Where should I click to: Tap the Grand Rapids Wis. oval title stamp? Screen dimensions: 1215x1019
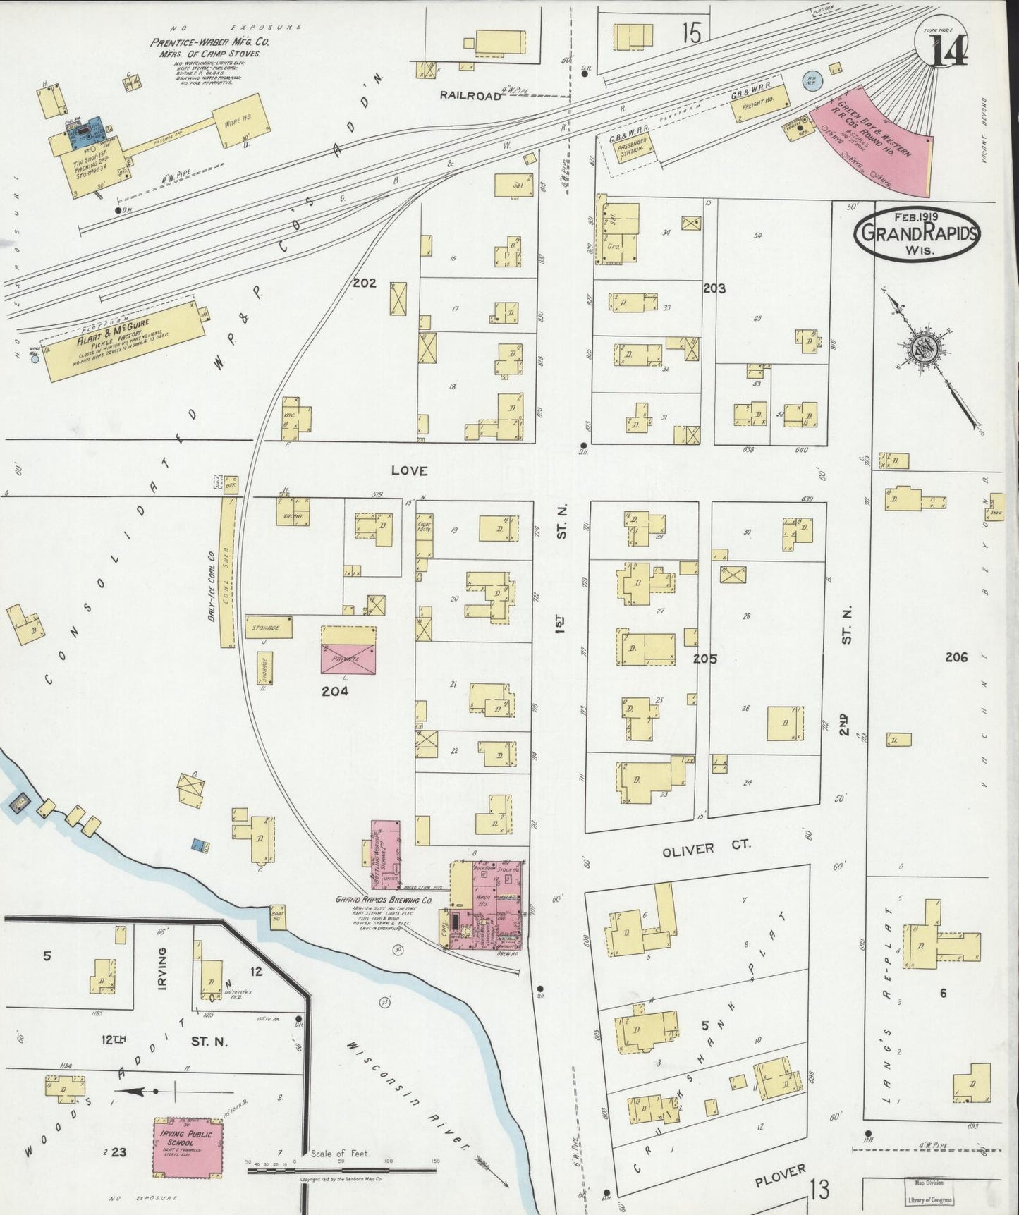coord(917,234)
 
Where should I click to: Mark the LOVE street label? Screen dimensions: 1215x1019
coord(410,470)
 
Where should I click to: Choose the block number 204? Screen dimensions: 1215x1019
coord(335,692)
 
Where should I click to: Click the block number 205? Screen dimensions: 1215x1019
coord(704,659)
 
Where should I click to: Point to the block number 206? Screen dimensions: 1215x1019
coord(956,657)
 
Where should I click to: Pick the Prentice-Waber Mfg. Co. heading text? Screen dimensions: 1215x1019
coord(209,42)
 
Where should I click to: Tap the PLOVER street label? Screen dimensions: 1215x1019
coord(780,1176)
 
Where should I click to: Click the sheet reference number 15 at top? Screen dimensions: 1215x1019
coord(692,33)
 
